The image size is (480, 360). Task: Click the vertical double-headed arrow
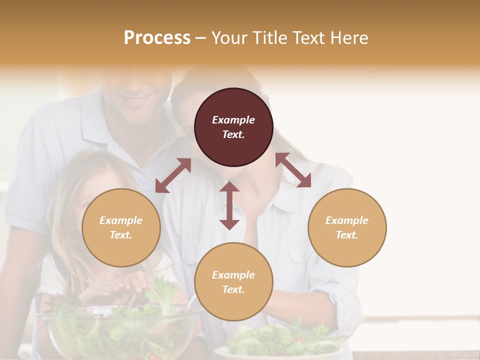click(x=229, y=205)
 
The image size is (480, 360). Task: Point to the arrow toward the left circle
click(x=173, y=175)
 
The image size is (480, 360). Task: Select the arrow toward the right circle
click(x=293, y=170)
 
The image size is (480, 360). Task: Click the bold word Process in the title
click(x=157, y=37)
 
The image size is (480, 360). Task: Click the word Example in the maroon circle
click(x=233, y=120)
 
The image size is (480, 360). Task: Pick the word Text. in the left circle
click(x=121, y=235)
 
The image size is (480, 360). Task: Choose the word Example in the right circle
click(x=347, y=220)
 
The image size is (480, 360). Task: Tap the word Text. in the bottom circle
click(x=233, y=289)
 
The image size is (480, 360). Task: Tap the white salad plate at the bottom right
click(x=280, y=350)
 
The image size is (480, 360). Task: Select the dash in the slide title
click(x=201, y=38)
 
